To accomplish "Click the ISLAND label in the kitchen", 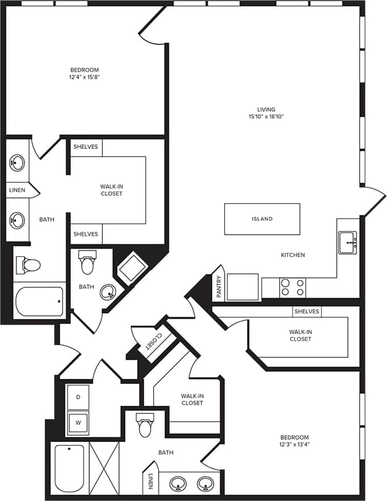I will coord(262,219).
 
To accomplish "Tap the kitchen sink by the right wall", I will coord(349,242).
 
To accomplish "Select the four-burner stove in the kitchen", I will coord(292,288).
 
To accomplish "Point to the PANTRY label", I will coord(219,287).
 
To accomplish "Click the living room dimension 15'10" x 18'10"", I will coord(266,117).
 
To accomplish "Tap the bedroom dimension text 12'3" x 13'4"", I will coord(294,444).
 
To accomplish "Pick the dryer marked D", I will coord(78,397).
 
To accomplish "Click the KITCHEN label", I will coord(293,255).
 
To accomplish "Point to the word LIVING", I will coord(266,109).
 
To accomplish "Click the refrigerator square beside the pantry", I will coord(243,287).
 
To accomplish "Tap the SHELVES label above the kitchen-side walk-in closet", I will coord(306,311).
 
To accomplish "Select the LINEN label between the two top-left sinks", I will coord(17,190).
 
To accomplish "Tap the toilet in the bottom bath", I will coord(145,427).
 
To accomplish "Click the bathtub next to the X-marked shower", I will coord(69,468).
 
